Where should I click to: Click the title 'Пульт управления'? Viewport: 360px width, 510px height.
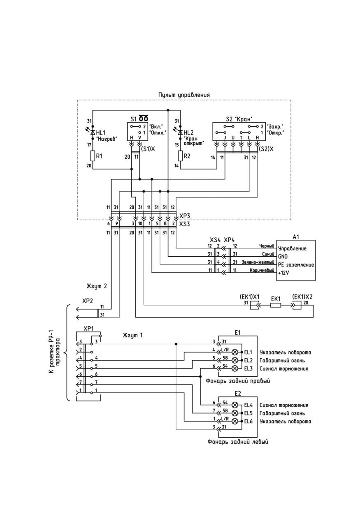click(x=184, y=95)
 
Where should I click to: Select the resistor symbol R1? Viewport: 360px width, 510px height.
click(x=93, y=156)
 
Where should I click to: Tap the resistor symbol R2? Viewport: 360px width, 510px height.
click(x=180, y=156)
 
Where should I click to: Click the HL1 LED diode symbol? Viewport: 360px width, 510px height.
click(x=93, y=132)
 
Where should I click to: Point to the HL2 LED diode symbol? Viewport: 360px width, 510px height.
click(x=180, y=132)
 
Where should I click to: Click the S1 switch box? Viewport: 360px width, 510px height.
click(x=138, y=131)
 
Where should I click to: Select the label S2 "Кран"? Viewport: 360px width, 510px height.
click(x=239, y=119)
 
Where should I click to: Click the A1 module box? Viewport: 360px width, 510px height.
click(x=296, y=260)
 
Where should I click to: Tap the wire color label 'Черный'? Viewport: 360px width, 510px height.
click(x=267, y=246)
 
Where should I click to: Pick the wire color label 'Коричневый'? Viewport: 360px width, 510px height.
click(x=262, y=270)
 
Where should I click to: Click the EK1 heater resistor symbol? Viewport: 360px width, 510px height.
click(x=276, y=306)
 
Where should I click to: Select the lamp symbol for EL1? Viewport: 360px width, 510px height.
click(x=235, y=352)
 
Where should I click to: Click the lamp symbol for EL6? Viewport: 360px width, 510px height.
click(x=235, y=421)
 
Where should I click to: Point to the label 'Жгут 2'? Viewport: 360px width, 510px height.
click(x=97, y=286)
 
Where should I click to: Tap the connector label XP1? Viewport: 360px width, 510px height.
click(x=88, y=329)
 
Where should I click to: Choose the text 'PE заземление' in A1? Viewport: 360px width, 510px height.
click(x=296, y=265)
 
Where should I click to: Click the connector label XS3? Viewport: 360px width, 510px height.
click(x=184, y=224)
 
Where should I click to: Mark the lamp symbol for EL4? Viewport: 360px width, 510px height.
click(x=235, y=405)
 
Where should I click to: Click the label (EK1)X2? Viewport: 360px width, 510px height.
click(x=302, y=297)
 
